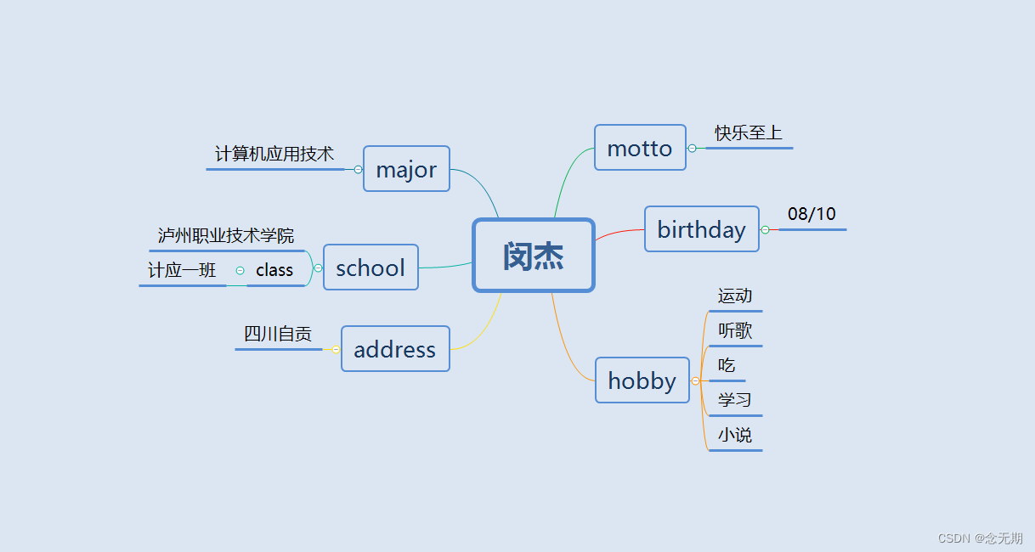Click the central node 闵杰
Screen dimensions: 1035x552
[x=533, y=256]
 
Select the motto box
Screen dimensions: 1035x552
[x=640, y=148]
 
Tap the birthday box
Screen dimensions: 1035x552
[x=701, y=229]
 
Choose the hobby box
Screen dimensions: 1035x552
[x=642, y=380]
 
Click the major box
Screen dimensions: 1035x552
[x=406, y=169]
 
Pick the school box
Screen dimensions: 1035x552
[x=370, y=268]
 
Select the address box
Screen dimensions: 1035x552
[x=394, y=349]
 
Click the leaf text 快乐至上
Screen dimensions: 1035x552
[x=748, y=133]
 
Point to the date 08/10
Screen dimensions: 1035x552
[x=812, y=214]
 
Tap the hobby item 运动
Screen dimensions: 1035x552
[x=735, y=296]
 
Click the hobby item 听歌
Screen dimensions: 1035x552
[x=735, y=331]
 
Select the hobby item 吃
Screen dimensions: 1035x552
[x=727, y=366]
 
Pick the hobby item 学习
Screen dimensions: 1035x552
[x=735, y=400]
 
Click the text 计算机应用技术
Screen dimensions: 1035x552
[x=274, y=155]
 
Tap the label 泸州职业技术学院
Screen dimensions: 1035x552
[x=226, y=235]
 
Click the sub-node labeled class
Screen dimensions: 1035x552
[x=274, y=270]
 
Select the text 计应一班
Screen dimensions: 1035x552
[x=183, y=271]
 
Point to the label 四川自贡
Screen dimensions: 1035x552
[x=278, y=335]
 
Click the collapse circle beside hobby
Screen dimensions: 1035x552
[x=695, y=381]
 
